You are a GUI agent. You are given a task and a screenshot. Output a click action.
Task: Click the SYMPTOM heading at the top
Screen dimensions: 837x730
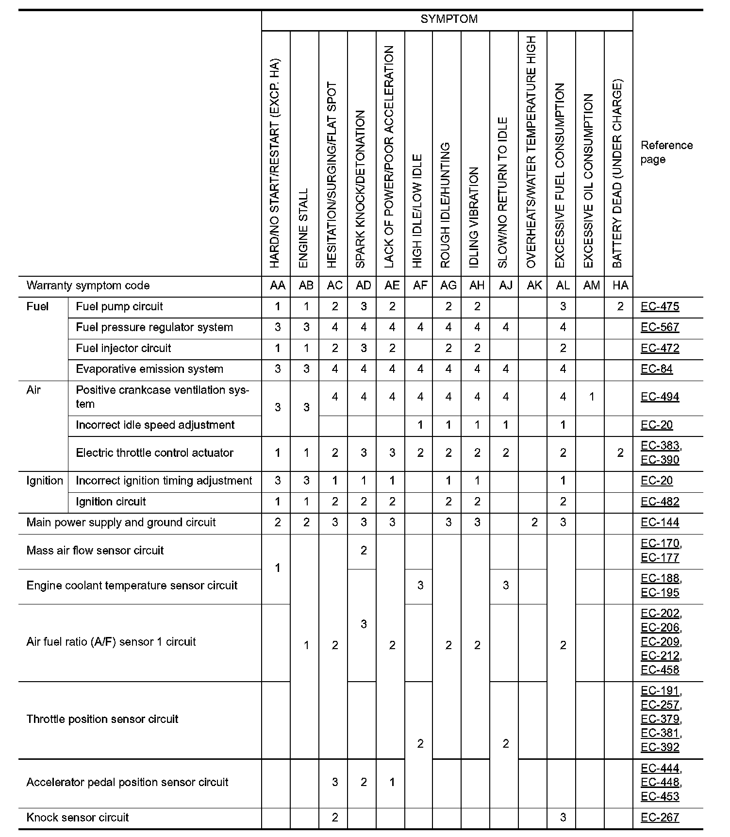click(x=448, y=19)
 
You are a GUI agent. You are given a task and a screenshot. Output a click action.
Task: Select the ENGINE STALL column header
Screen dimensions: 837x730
click(x=304, y=228)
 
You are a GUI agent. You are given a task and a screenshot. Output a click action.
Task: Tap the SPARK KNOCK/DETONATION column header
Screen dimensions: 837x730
click(x=361, y=189)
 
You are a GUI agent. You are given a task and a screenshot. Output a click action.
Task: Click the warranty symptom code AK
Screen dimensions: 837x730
click(x=534, y=285)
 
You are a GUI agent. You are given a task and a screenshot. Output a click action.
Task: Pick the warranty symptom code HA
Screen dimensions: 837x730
click(x=620, y=285)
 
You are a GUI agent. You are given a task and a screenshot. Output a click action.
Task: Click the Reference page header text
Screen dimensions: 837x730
click(x=666, y=152)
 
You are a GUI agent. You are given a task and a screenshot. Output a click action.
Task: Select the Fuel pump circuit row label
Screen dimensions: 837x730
click(x=119, y=307)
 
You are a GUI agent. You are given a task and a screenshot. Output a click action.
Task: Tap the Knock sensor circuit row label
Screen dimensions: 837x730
click(x=78, y=818)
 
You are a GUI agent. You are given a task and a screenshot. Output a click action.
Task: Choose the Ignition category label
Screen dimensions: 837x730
click(x=45, y=481)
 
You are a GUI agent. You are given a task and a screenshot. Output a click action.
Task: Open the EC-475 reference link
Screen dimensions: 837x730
click(x=660, y=307)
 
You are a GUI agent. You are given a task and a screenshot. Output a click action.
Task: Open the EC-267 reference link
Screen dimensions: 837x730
click(x=660, y=818)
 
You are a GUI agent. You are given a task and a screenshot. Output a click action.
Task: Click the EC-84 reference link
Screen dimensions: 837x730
click(x=656, y=369)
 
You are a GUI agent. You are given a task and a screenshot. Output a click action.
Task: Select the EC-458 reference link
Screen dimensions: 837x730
click(x=660, y=670)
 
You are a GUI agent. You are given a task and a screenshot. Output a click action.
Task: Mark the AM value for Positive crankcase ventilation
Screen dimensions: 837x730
click(x=591, y=397)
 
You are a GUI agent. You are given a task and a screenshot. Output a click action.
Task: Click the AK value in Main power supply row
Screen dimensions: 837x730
click(x=534, y=523)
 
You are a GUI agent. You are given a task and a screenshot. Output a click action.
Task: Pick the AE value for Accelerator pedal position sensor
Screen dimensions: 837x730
click(x=392, y=783)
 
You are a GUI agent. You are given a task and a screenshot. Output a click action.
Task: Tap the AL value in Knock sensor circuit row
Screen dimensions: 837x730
click(x=563, y=818)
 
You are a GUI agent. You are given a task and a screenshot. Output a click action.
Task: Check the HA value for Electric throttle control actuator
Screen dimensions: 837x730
click(x=620, y=453)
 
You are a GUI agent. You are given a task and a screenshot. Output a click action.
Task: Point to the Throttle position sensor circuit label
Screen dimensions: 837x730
click(x=102, y=720)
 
